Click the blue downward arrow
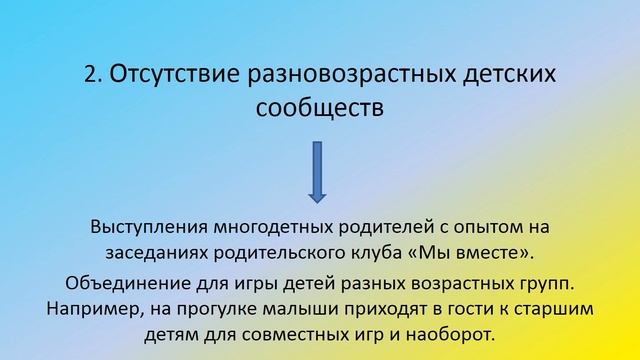pyautogui.click(x=319, y=174)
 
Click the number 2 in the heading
pyautogui.click(x=90, y=76)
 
